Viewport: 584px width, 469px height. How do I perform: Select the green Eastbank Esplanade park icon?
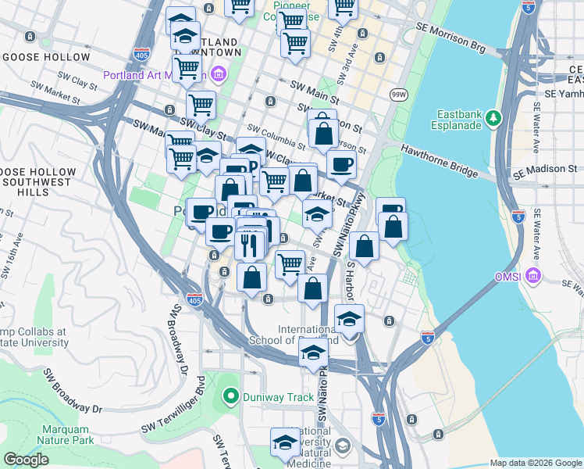493,118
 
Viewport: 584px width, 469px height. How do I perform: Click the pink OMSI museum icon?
532,276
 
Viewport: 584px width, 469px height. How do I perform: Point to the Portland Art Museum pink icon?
218,76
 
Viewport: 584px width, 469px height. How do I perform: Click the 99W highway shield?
398,95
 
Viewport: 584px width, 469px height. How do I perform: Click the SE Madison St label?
546,168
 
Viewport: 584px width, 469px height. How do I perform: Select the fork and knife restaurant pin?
249,245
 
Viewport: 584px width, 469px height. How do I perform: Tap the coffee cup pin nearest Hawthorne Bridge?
340,165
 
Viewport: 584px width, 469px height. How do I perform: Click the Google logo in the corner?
25,460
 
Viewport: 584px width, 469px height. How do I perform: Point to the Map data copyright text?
536,463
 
